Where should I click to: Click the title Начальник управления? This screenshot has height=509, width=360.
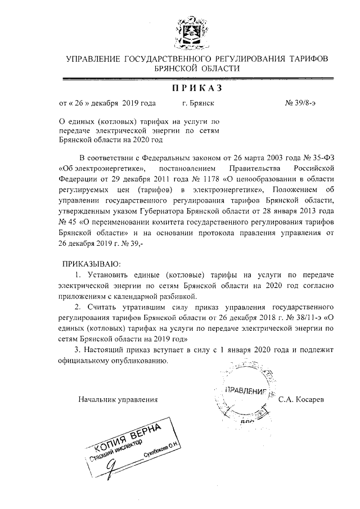point(118,399)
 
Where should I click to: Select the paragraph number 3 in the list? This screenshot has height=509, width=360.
point(77,350)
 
